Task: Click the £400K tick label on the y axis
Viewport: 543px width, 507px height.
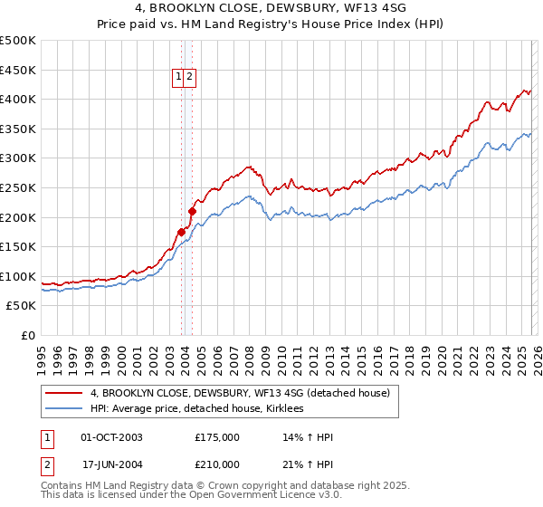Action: tap(18, 99)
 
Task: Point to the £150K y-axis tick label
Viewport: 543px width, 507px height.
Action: tap(18, 246)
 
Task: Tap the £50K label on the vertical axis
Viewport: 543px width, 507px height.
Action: tap(21, 306)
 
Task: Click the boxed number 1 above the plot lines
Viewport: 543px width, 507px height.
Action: tap(179, 78)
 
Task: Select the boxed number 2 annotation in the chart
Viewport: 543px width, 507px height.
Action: tap(190, 78)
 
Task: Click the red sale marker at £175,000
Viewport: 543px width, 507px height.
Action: tap(181, 232)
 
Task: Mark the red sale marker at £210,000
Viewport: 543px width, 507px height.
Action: tap(193, 211)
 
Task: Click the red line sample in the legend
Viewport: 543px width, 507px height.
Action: tap(64, 393)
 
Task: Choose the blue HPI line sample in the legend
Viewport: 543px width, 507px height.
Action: tap(64, 408)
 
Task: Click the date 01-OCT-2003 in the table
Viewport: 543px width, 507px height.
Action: tap(111, 437)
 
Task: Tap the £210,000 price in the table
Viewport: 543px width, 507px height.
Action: tap(217, 464)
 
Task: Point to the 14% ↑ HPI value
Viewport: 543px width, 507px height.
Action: tap(308, 437)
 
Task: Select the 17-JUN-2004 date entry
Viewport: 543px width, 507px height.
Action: tap(111, 464)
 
